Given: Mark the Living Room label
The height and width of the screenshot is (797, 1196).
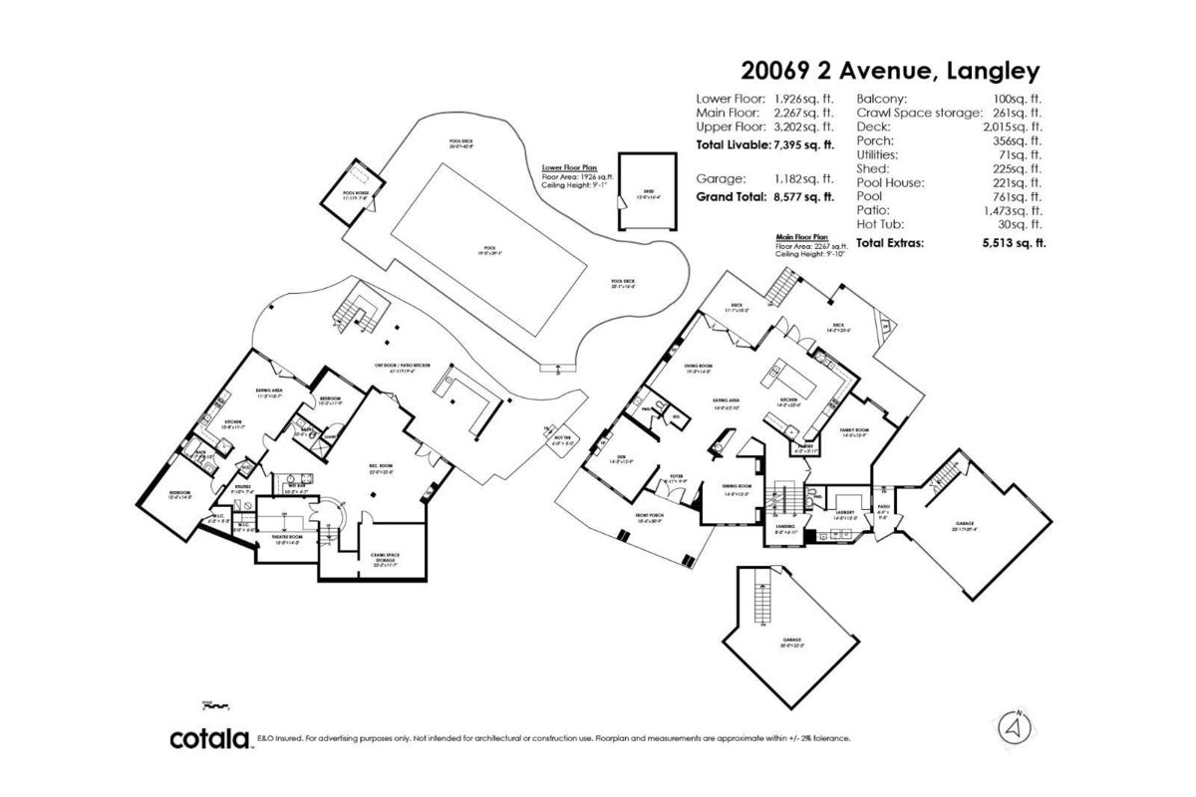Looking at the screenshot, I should [698, 368].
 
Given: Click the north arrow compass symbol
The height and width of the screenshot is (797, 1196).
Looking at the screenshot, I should [1015, 728].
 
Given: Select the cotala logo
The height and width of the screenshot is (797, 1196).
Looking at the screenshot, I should [209, 739].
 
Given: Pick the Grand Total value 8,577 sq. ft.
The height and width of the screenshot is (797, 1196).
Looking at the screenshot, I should [803, 197].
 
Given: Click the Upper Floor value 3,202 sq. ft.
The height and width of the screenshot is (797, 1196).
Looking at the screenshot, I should [803, 128].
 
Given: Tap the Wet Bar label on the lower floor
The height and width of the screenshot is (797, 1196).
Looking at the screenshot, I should [296, 486].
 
